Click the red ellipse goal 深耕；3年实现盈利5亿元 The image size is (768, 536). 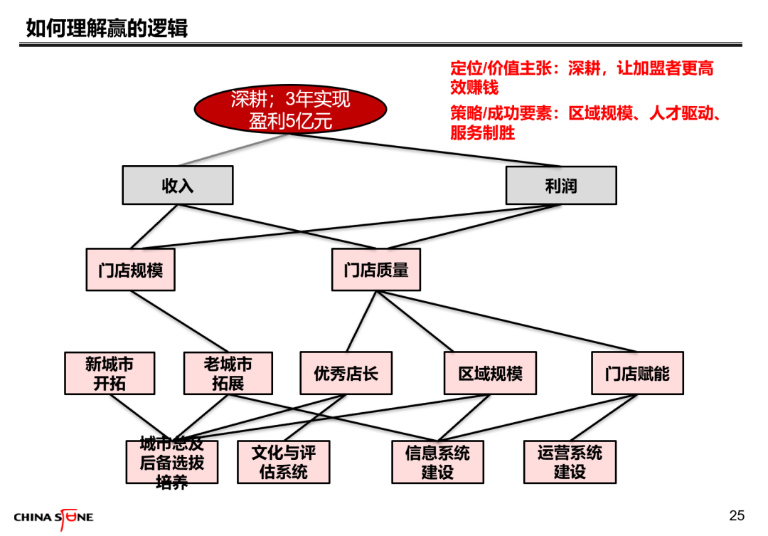(290, 109)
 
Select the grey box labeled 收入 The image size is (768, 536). (178, 185)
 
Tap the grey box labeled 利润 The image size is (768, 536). (561, 185)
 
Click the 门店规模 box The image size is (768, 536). (131, 270)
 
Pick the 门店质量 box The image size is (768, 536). (376, 270)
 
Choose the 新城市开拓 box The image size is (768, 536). (110, 373)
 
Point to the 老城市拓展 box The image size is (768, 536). (228, 373)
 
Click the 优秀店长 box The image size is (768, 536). (346, 373)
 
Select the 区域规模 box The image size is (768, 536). (490, 373)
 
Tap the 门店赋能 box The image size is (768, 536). (638, 373)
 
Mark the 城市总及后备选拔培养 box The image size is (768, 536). (172, 462)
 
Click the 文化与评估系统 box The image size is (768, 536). (284, 462)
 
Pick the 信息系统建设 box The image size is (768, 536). (438, 462)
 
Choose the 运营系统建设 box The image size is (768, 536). (570, 462)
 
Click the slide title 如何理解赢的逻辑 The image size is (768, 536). (107, 28)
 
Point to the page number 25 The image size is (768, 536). (737, 515)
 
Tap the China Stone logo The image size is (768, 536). (54, 518)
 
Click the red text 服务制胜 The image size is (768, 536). (482, 133)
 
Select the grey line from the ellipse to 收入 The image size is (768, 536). (234, 150)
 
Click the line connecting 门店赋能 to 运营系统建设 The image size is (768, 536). (604, 417)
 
